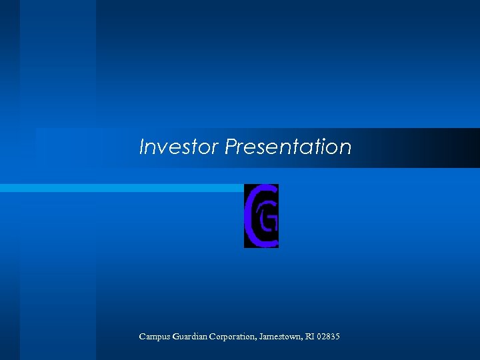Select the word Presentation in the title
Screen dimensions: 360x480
288,147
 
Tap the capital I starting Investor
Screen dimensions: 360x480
142,147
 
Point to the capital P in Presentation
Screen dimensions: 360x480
231,147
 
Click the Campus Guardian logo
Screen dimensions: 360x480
261,215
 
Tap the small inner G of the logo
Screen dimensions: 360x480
269,221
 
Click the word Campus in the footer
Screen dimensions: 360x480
154,337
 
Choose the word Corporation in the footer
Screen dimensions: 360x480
233,337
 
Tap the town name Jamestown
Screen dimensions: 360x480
280,337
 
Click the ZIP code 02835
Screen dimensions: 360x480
329,337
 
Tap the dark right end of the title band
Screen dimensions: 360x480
460,147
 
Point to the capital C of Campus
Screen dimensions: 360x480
142,337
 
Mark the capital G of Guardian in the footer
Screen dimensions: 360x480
175,337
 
